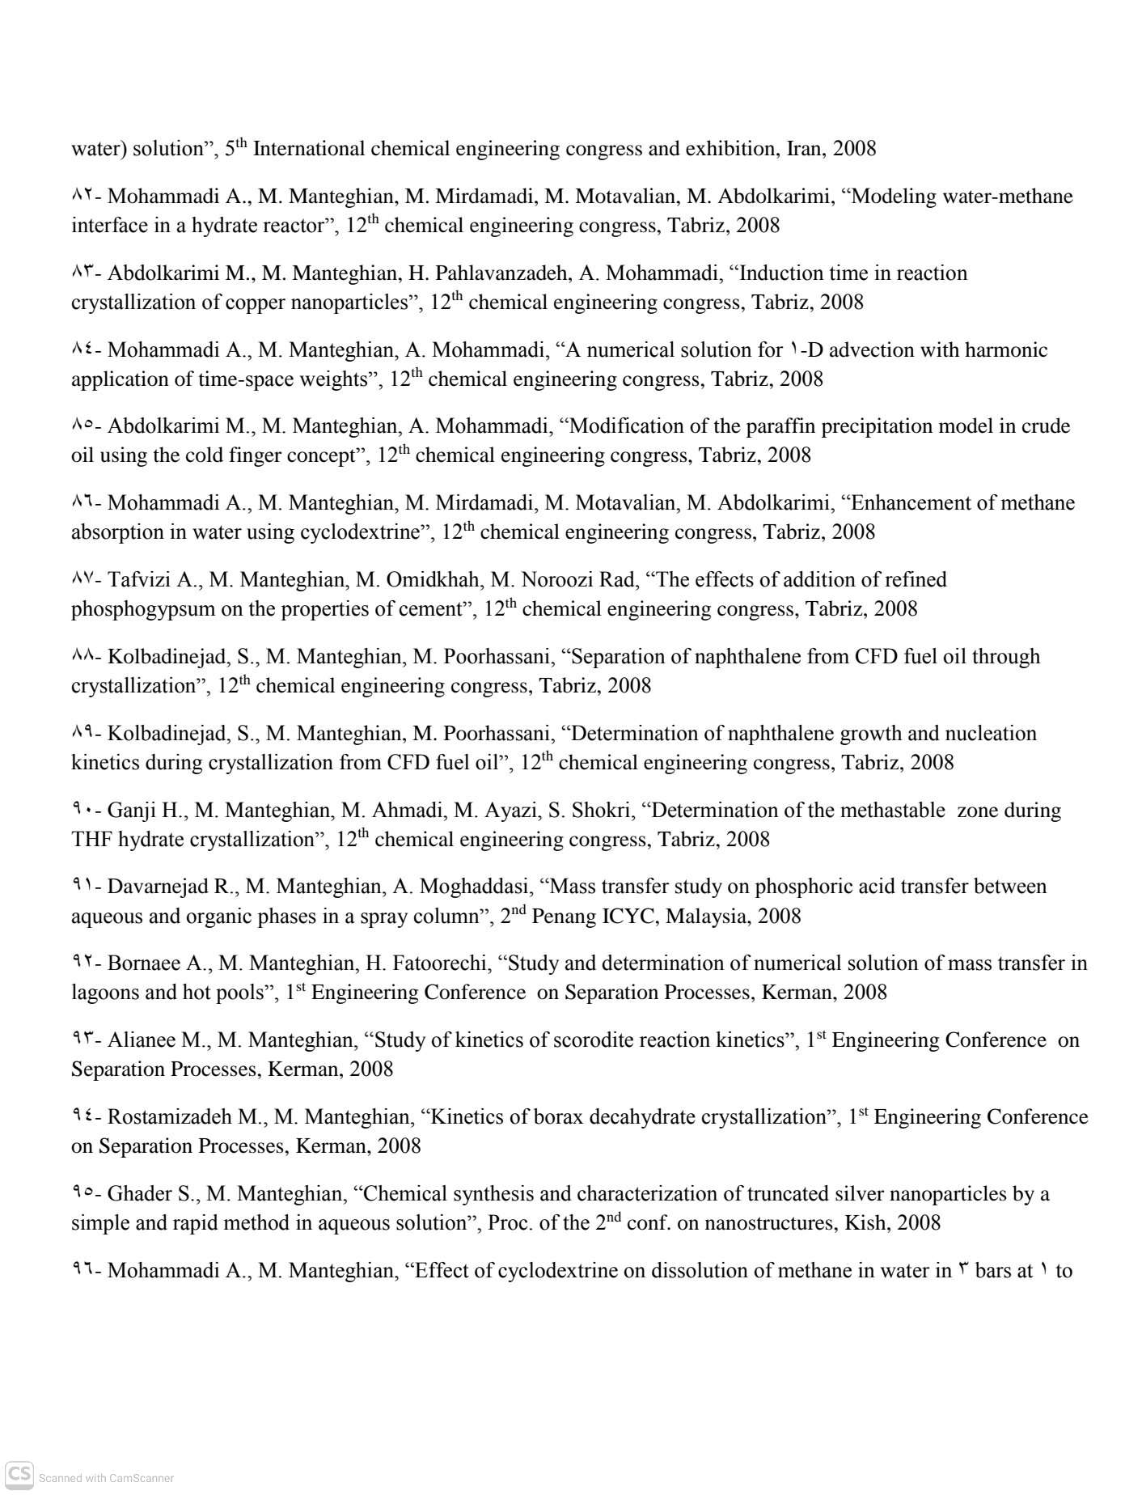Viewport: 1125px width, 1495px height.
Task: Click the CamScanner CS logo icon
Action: tap(19, 1476)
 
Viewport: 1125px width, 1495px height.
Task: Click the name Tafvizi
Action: tap(137, 580)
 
